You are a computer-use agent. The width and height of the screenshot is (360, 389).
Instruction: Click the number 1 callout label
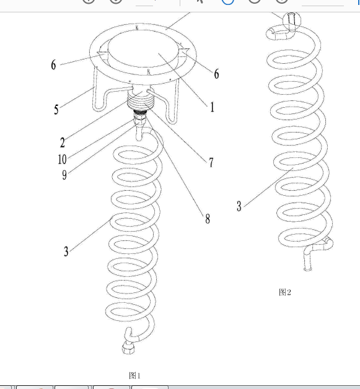pos(212,107)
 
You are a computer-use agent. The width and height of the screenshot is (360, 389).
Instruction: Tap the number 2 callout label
pos(63,142)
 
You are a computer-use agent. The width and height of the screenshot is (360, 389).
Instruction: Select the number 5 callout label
pos(56,110)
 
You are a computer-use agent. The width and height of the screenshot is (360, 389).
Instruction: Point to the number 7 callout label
pos(211,162)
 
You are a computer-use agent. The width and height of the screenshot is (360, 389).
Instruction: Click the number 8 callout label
pos(208,219)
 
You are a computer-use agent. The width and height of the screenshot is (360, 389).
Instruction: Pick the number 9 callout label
pos(64,175)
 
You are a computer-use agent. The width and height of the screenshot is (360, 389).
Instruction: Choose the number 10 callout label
pos(63,159)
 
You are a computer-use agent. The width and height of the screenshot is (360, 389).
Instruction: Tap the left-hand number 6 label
pos(53,65)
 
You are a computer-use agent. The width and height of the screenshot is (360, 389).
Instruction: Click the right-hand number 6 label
pos(217,74)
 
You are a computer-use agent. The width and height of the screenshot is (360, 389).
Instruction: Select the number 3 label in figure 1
pos(66,251)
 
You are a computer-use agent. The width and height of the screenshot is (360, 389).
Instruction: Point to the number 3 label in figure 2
pos(239,206)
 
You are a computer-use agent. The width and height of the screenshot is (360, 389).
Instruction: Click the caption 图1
pos(134,375)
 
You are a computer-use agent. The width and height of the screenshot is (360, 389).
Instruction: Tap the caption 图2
pos(285,292)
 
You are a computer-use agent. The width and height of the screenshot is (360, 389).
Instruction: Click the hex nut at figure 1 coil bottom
pos(128,347)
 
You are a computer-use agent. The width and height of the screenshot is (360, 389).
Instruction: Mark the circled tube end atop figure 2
pos(292,21)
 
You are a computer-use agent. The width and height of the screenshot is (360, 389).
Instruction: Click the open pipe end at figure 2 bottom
pos(308,268)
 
